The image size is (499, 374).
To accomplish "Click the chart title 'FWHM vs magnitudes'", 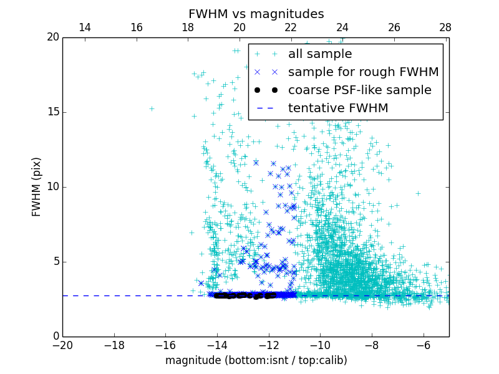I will tap(256, 14).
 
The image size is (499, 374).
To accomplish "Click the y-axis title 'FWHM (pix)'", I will tap(37, 186).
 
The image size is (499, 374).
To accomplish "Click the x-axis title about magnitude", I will tap(256, 360).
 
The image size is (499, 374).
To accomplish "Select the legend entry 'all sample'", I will tap(320, 54).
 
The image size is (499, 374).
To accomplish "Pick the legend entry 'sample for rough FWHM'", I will tap(363, 72).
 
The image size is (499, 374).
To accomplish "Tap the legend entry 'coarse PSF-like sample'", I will tap(359, 90).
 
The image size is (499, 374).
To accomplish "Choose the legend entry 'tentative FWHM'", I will tap(337, 108).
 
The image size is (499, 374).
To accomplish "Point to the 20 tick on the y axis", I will tap(52, 37).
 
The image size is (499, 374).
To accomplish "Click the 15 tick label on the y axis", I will tap(52, 112).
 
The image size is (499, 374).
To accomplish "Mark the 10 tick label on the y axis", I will tap(52, 187).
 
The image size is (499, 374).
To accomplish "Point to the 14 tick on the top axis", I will tap(84, 27).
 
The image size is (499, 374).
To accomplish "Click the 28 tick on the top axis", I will tap(445, 27).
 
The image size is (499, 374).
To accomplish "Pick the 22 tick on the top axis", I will tap(291, 27).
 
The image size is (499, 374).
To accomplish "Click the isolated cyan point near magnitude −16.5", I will tap(152, 108).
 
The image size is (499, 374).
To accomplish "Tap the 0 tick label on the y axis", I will tap(55, 337).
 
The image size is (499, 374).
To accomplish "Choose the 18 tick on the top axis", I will tap(188, 27).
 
